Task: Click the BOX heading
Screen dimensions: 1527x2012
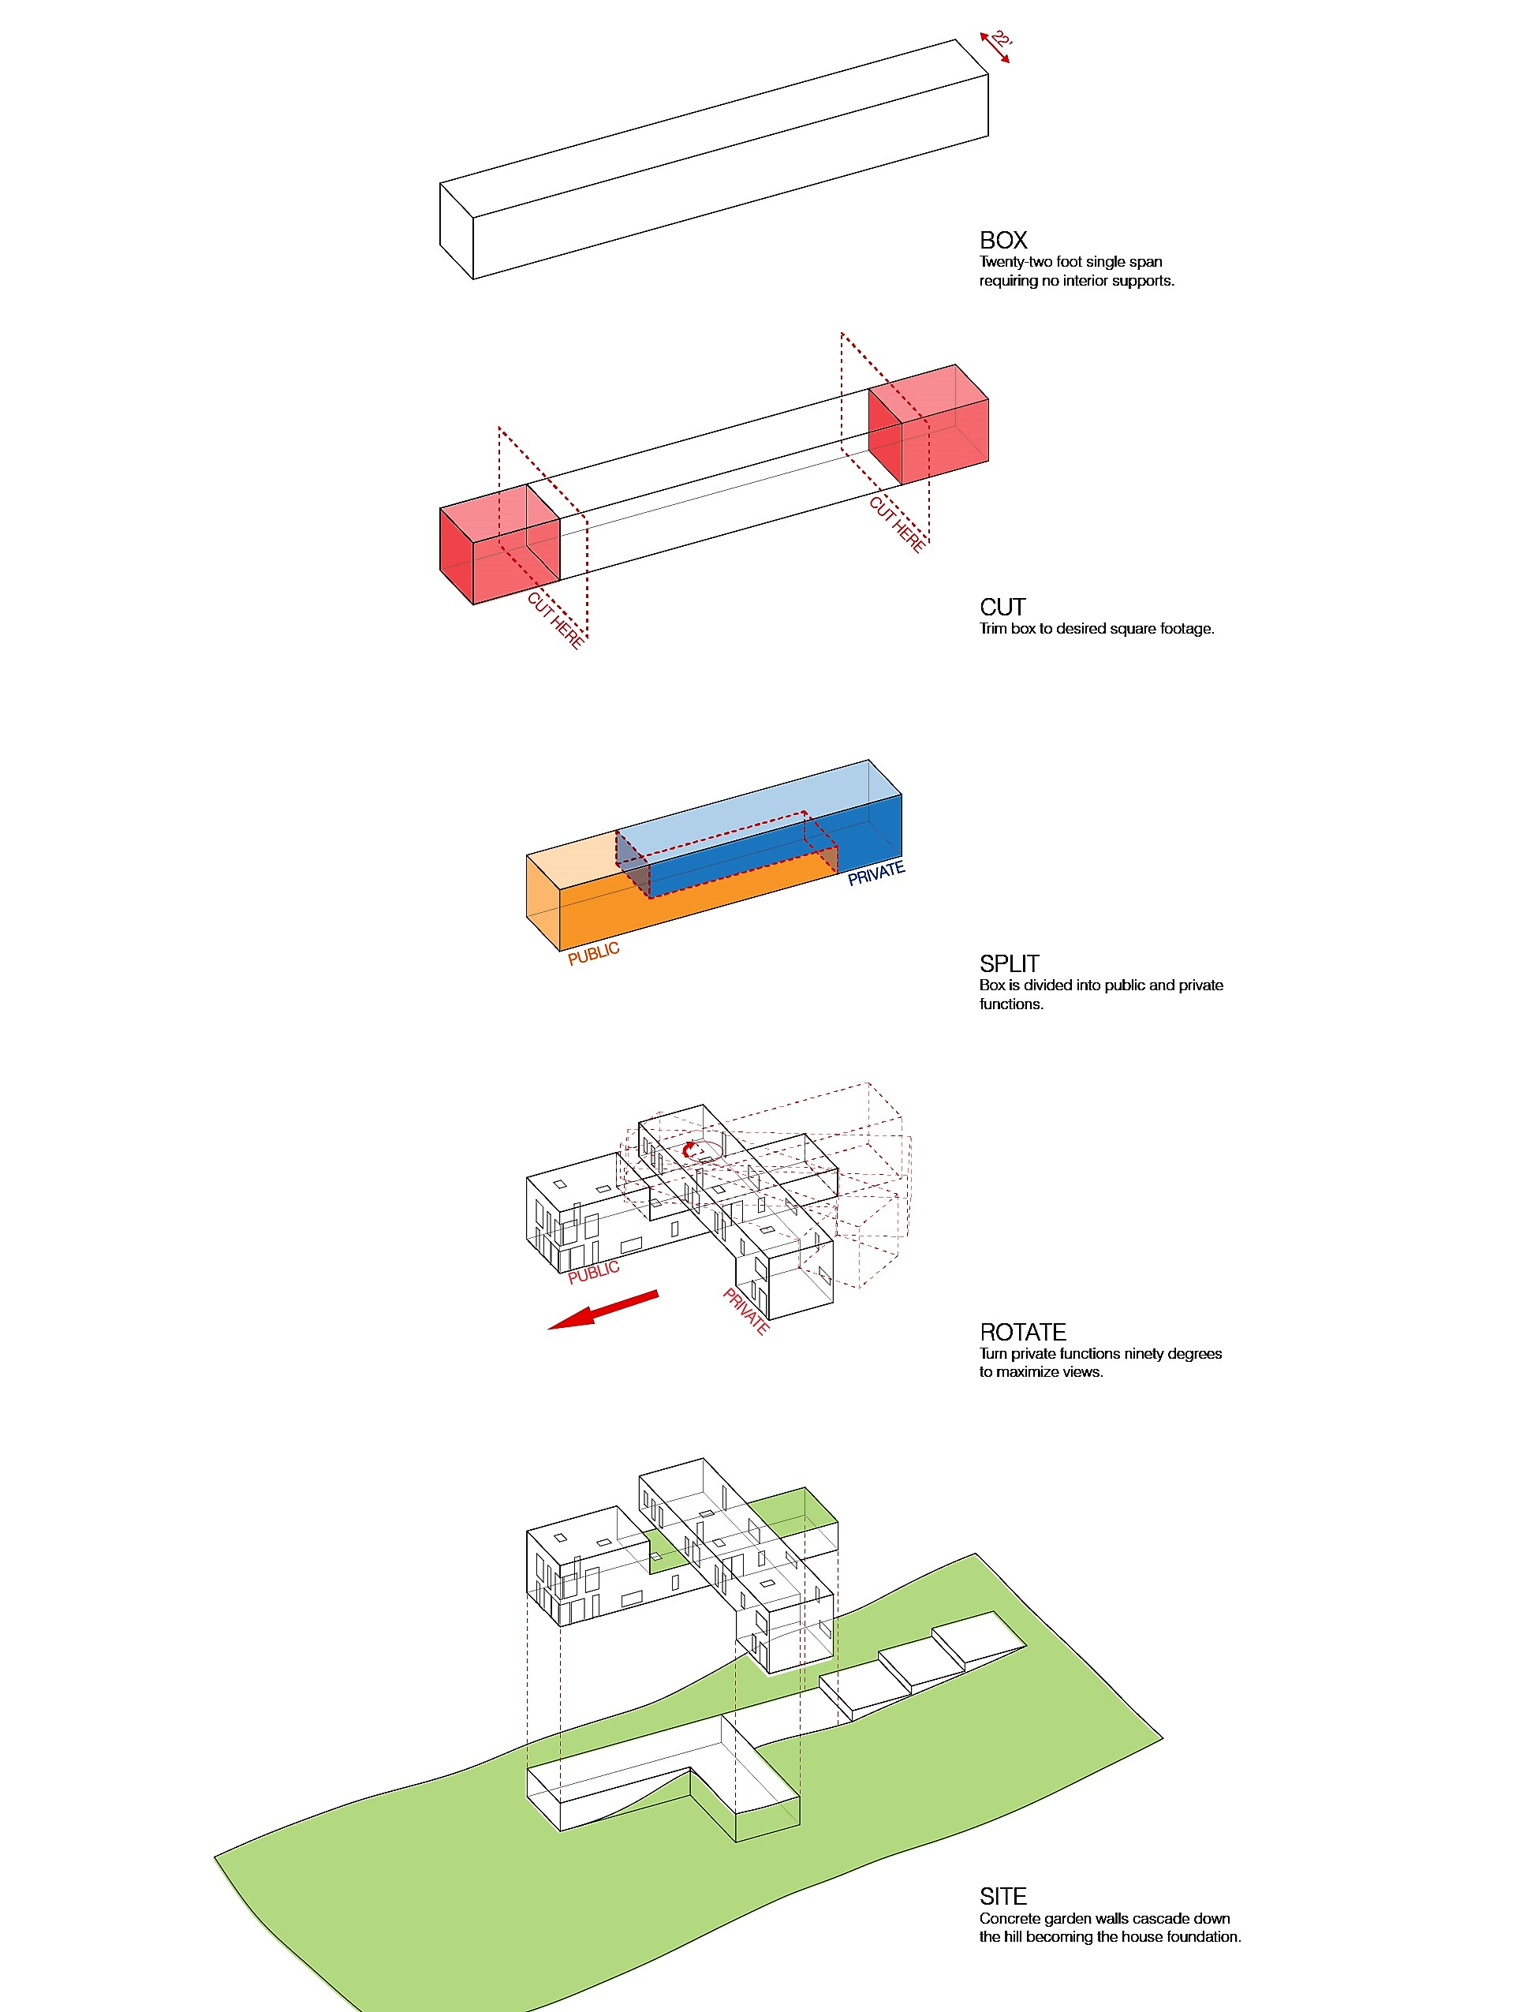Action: click(1003, 240)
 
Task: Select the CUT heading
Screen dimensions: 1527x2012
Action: click(1002, 607)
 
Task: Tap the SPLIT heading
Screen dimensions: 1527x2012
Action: click(1009, 963)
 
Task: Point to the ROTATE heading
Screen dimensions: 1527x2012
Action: click(1022, 1332)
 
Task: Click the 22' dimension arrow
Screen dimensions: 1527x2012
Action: click(994, 47)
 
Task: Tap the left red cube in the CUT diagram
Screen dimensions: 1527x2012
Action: click(499, 544)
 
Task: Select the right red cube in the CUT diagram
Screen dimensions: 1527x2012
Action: click(928, 424)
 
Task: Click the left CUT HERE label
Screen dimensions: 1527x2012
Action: click(554, 620)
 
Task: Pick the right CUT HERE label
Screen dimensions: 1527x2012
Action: click(898, 524)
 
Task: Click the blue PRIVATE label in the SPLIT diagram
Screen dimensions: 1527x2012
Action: click(876, 873)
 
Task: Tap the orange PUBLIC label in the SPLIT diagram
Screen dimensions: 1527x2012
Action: click(594, 953)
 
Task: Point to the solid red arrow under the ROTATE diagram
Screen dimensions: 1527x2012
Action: click(602, 1310)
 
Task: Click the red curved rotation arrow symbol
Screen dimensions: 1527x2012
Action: click(693, 1150)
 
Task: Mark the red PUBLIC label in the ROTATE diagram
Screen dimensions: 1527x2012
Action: click(594, 1272)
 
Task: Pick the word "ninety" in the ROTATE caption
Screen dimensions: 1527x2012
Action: click(1148, 1353)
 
